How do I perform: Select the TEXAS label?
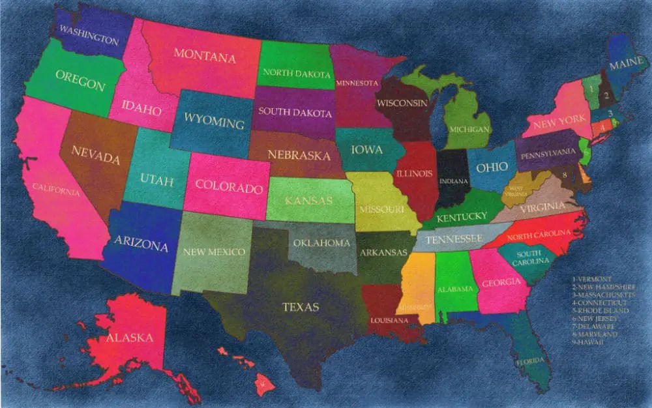point(301,306)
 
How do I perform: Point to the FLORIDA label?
point(531,360)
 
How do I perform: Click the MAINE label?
point(628,65)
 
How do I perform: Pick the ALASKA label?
point(129,338)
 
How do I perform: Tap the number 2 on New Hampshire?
point(606,96)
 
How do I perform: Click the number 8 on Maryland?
point(565,175)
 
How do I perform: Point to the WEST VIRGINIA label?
point(515,190)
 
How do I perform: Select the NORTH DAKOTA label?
point(296,74)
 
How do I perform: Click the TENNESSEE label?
point(454,239)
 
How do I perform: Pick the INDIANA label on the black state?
point(454,181)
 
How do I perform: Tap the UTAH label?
point(156,181)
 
